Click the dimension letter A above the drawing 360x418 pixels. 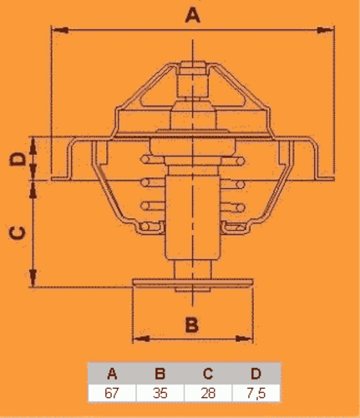(x=193, y=15)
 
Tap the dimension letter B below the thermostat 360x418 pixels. (x=192, y=324)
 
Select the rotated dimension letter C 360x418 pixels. (x=18, y=232)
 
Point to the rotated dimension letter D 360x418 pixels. (x=18, y=159)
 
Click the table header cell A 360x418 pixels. (x=112, y=374)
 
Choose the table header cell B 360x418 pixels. (x=160, y=374)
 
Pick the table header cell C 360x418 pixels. (x=208, y=374)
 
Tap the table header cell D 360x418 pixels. (x=256, y=374)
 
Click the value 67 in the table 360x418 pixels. (x=112, y=393)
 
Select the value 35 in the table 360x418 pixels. (x=160, y=393)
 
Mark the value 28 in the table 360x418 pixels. (x=208, y=393)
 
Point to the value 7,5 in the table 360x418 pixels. (x=256, y=394)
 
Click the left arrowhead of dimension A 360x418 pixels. (x=60, y=30)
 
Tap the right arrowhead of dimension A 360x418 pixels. (x=326, y=30)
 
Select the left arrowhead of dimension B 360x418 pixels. (x=141, y=339)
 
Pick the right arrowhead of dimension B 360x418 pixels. (x=245, y=339)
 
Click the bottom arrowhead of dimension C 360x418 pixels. (x=33, y=278)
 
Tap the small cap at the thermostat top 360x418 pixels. (x=193, y=68)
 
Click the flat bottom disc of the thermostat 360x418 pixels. (x=193, y=282)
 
